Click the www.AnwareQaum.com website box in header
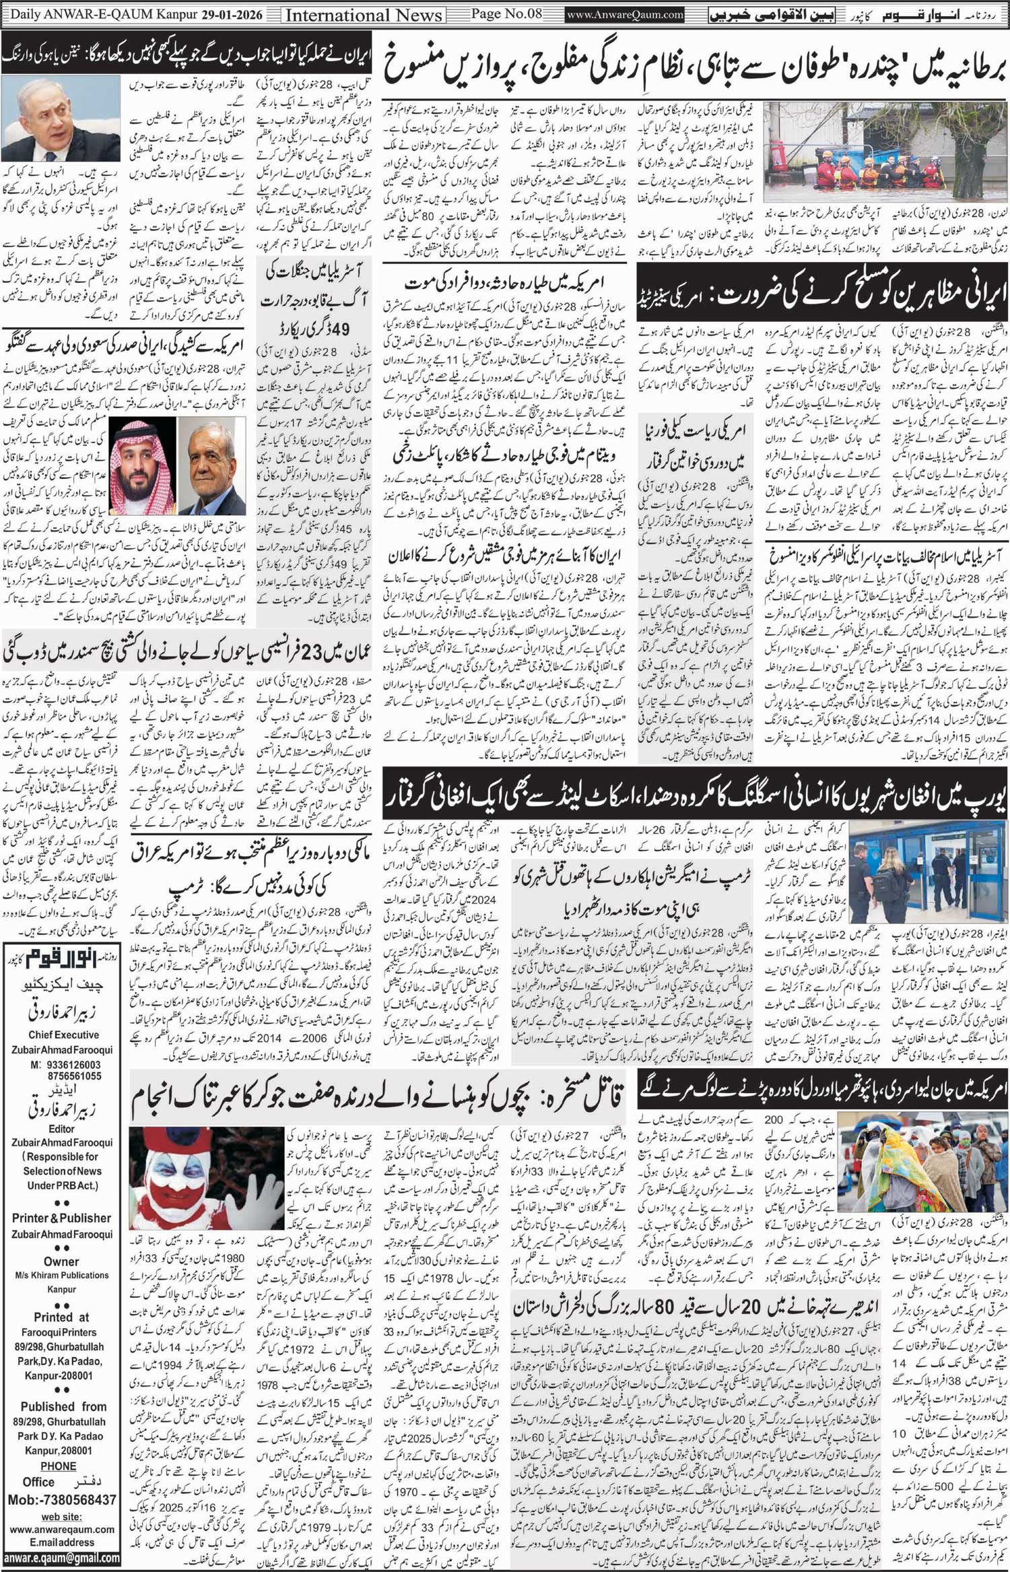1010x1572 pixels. tap(626, 14)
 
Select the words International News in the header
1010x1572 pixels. tap(364, 15)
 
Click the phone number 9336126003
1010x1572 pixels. tap(65, 1065)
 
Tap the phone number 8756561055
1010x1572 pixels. tap(65, 1076)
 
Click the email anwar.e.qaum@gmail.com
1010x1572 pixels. tap(61, 1559)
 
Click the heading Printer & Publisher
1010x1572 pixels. tap(61, 1218)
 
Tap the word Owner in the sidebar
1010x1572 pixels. tap(61, 1262)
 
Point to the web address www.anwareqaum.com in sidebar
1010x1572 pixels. tap(61, 1529)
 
